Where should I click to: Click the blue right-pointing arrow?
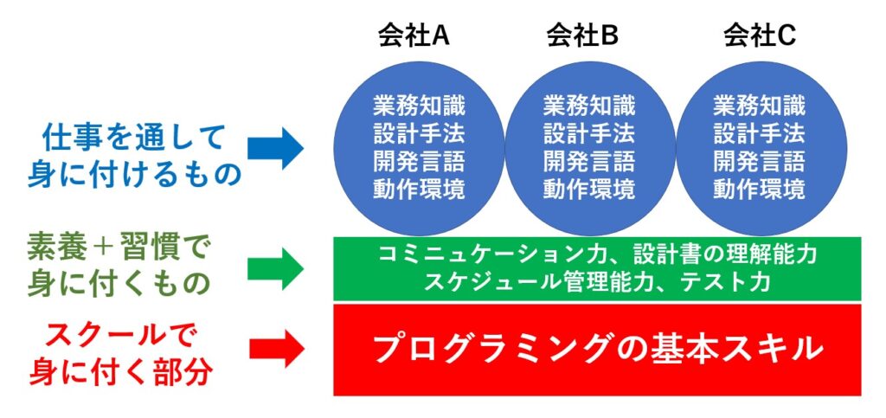click(x=275, y=149)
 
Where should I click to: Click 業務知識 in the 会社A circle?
click(x=419, y=106)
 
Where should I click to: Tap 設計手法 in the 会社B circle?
click(x=589, y=134)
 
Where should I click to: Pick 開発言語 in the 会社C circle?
click(x=759, y=162)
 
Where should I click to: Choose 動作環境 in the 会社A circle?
click(x=419, y=190)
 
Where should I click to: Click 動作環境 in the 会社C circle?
click(x=759, y=190)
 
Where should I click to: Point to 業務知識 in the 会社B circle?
click(x=589, y=106)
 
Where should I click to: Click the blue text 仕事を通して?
click(x=134, y=138)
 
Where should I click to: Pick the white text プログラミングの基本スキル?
click(x=597, y=349)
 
